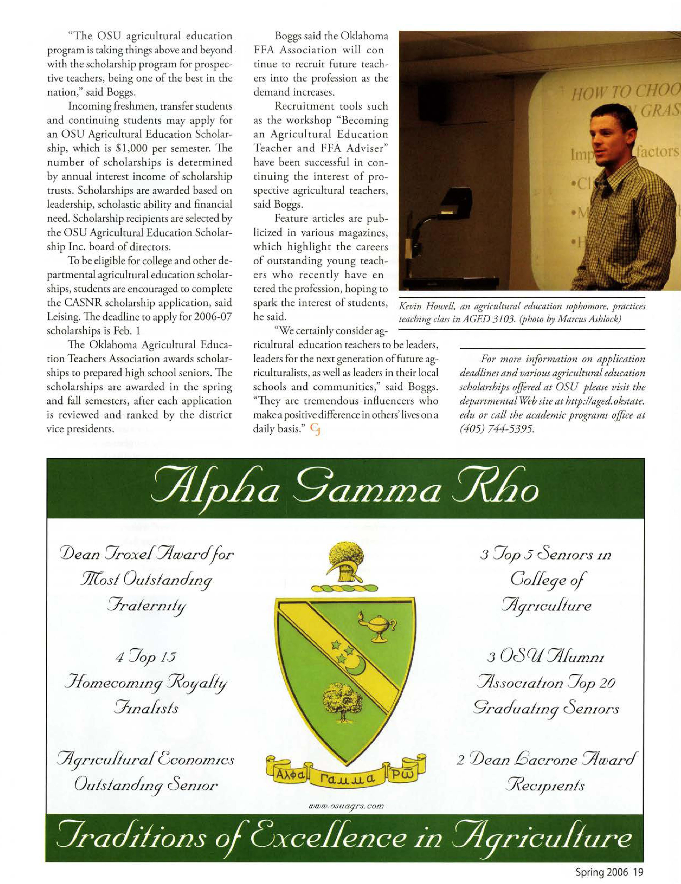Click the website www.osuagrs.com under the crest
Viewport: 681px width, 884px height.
pos(346,806)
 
